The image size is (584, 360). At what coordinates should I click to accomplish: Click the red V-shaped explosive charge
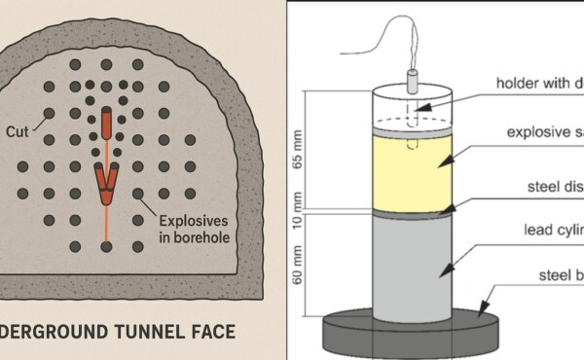pyautogui.click(x=106, y=182)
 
